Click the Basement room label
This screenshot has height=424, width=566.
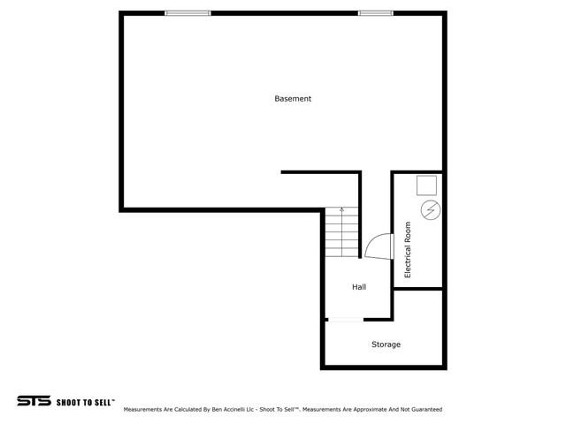[293, 99]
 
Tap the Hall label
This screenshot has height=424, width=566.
[359, 287]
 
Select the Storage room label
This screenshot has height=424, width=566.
[386, 344]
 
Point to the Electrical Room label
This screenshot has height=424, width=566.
[408, 249]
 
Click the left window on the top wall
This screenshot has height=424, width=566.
[187, 13]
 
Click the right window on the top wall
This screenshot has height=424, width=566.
[376, 13]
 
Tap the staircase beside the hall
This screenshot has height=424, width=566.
[342, 231]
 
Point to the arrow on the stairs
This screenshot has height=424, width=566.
[342, 231]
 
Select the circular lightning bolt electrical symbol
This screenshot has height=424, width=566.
[431, 210]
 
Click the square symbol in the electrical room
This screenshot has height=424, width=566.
[426, 185]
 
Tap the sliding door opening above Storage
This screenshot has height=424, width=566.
[346, 320]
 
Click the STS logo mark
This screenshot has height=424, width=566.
[34, 401]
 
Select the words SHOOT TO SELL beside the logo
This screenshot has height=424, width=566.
[86, 403]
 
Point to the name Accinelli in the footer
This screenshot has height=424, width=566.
[233, 410]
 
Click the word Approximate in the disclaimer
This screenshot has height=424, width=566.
[371, 410]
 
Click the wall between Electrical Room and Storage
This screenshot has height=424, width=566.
[417, 289]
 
